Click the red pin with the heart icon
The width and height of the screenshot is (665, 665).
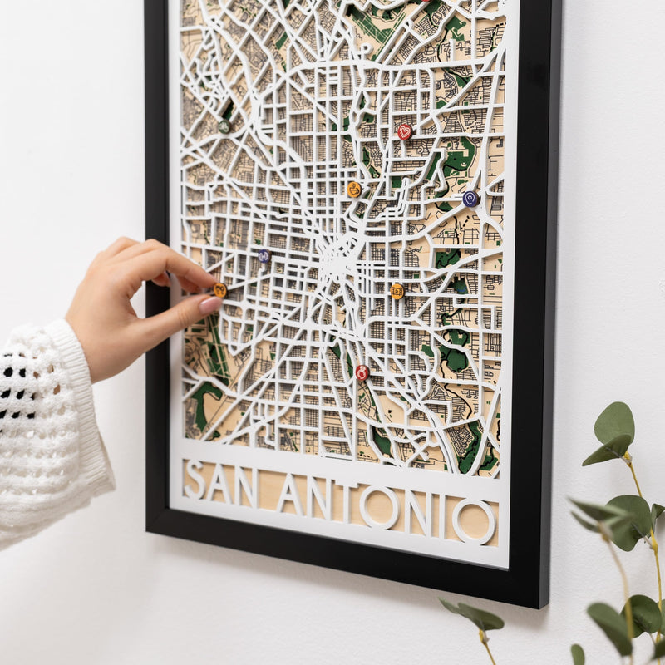[405, 131]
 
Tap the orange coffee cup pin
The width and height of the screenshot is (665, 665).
[354, 190]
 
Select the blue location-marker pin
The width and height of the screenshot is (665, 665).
[470, 199]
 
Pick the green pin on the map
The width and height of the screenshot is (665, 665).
[224, 126]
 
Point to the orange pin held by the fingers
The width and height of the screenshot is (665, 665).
[219, 290]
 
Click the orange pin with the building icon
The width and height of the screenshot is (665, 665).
[397, 291]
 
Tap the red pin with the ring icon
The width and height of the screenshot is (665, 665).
[362, 372]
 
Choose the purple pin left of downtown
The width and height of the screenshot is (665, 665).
[264, 256]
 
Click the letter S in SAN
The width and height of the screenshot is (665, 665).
[194, 479]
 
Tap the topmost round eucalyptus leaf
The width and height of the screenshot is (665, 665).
[614, 422]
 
